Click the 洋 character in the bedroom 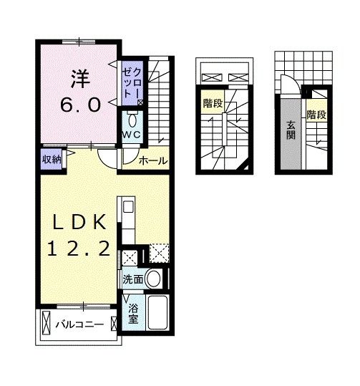(80, 79)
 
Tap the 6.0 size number (80, 105)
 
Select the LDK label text (79, 222)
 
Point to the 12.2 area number (79, 248)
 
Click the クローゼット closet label (132, 83)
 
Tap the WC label (132, 135)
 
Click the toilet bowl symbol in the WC (133, 121)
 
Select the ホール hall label (153, 161)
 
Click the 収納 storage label (52, 160)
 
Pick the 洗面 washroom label (133, 279)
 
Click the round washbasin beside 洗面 (153, 279)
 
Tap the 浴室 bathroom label (133, 314)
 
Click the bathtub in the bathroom (157, 313)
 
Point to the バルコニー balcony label (79, 325)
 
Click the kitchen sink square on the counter (128, 206)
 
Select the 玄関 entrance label (291, 130)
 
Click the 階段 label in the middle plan (213, 103)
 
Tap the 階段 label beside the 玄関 (316, 115)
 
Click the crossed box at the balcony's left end (46, 323)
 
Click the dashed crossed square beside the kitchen (160, 253)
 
